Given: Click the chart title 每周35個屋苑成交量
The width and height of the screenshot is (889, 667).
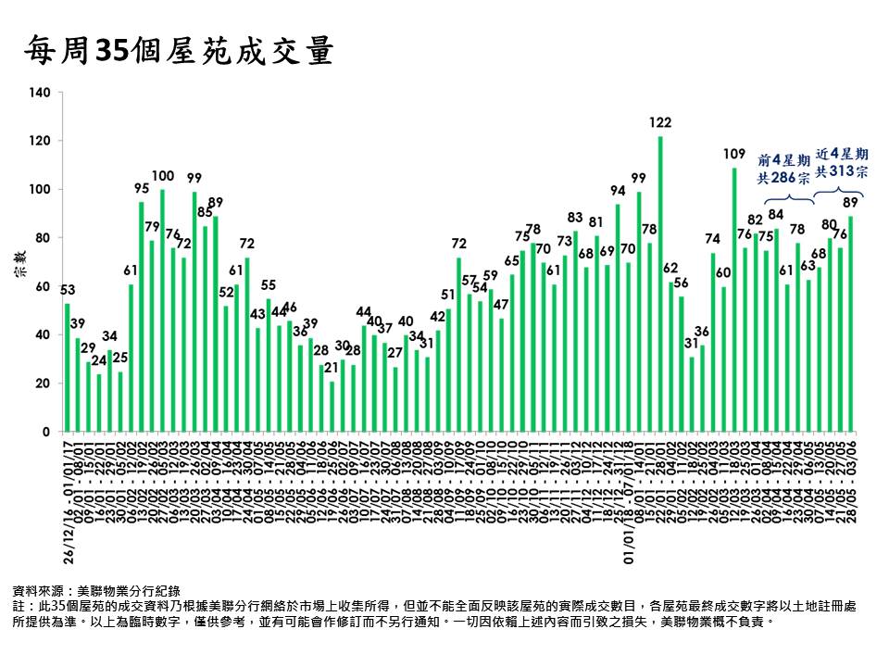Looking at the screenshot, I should tap(178, 52).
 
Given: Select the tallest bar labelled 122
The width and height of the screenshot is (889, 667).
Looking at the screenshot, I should tap(660, 283).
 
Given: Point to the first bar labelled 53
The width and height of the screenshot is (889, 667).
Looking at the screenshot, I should tap(67, 367).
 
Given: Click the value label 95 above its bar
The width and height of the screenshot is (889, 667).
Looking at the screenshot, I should tap(142, 188).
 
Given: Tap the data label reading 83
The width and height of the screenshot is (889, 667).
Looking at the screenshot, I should tap(575, 218).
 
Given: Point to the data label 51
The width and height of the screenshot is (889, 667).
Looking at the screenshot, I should tap(448, 295).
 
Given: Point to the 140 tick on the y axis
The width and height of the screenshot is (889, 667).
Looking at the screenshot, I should tap(40, 93).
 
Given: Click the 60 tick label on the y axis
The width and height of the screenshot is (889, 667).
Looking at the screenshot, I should tap(44, 286).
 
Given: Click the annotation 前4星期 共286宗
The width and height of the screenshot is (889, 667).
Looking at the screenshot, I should tap(785, 166).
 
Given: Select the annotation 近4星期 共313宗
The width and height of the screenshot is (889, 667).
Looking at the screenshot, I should tap(842, 162).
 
